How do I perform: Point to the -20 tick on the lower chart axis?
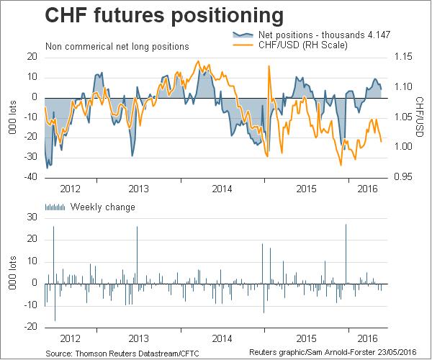coord(31,326)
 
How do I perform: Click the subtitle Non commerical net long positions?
coord(117,46)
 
